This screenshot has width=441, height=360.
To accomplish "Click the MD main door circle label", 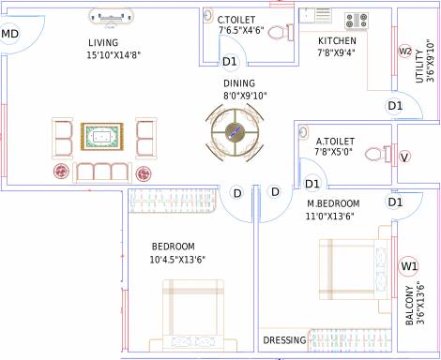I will coord(10,35).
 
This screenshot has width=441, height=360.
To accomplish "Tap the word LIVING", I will coord(103,43).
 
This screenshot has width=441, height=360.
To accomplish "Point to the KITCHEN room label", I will coord(337,41).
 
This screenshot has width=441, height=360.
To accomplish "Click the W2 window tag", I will coord(405,51).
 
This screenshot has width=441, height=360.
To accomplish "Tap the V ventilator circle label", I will coord(404,156).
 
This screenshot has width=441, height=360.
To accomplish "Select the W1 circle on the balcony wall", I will coord(408,265).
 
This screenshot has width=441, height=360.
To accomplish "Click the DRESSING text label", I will coord(284,339).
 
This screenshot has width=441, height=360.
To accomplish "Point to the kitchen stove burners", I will coord(357,19).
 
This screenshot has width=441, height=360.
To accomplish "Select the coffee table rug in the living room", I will coord(101,138).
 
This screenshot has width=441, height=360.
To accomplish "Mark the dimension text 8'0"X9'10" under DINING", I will coord(245,95).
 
